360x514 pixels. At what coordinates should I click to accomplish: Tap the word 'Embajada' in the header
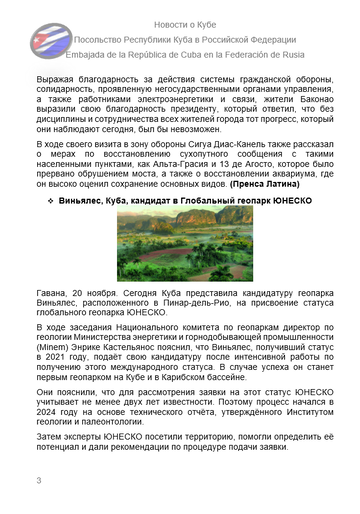[86, 56]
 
